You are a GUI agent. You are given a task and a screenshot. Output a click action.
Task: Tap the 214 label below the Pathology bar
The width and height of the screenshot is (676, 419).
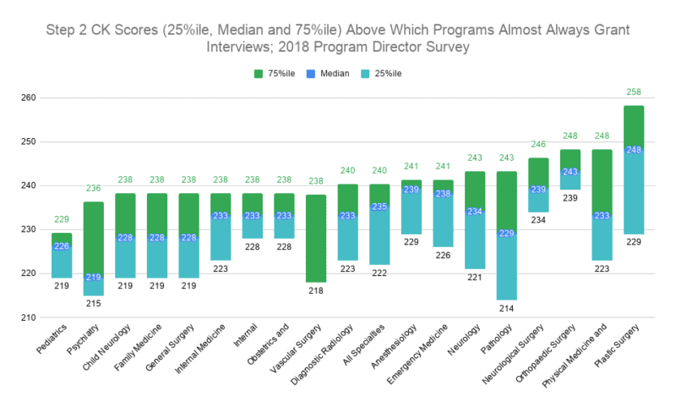(x=506, y=310)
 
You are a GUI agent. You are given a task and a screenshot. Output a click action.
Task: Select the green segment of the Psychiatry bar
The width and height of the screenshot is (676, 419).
(x=93, y=237)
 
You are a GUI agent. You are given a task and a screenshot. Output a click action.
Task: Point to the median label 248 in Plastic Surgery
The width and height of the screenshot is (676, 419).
(x=634, y=150)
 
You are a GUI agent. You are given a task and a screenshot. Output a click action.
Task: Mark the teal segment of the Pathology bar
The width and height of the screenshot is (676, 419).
(x=506, y=269)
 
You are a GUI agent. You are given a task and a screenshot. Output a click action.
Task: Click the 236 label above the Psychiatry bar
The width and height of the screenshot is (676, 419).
(x=93, y=188)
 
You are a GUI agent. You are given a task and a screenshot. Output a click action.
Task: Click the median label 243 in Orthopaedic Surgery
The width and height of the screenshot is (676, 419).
(x=570, y=172)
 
